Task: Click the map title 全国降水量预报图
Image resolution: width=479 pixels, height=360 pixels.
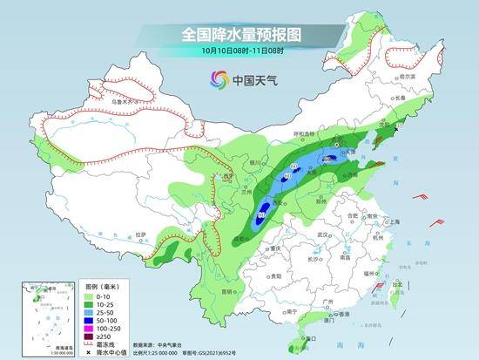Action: pyautogui.click(x=239, y=35)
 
